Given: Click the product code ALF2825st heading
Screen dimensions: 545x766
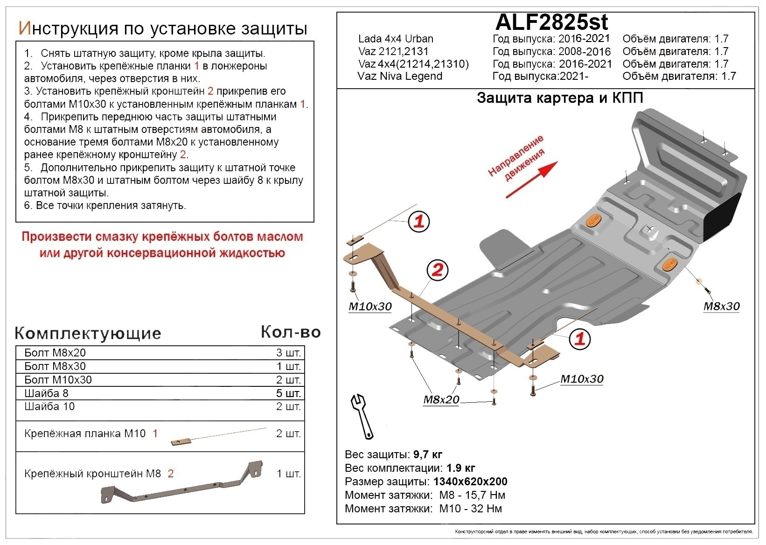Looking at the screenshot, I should point(551,21).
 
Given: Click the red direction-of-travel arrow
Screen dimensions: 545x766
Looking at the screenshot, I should point(532,180).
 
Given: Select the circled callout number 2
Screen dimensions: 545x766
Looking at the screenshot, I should point(437,270).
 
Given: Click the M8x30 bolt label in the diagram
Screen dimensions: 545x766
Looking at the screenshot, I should point(721,306).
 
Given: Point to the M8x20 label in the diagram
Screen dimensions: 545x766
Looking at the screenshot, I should point(441,399).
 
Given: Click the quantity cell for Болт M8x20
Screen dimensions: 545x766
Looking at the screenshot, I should point(288,353).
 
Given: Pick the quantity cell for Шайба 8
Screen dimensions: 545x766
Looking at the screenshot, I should point(288,393).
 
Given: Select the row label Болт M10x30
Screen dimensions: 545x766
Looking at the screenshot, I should point(58,380).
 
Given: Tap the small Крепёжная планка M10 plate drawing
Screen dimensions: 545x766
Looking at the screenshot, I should point(181,442).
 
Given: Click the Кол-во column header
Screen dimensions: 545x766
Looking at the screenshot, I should point(290,332).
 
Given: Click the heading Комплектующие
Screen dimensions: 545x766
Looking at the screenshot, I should point(88,333).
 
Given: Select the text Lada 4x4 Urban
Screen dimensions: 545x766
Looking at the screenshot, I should point(396,39).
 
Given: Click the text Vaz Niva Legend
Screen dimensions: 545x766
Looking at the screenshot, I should point(400,76).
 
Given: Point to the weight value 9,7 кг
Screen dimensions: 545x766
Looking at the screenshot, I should point(427,454).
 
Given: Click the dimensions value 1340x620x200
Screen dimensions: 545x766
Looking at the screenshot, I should point(470,482).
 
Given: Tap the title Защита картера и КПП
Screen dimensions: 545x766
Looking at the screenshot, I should point(560,98).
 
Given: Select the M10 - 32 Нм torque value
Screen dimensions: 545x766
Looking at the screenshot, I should point(470,509).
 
